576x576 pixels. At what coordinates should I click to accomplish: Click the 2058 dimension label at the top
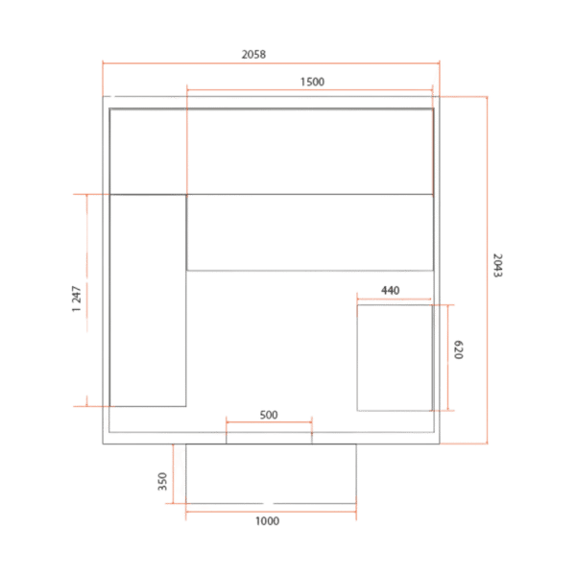(x=252, y=56)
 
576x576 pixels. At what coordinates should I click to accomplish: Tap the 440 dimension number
(x=390, y=289)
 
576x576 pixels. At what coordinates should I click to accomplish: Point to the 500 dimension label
(x=269, y=414)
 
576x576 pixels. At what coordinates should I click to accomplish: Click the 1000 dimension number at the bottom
(x=268, y=521)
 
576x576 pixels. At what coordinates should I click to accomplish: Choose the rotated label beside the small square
(x=460, y=350)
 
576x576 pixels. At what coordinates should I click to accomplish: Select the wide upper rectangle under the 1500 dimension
(x=309, y=151)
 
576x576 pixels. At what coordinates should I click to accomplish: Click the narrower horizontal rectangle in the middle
(x=309, y=232)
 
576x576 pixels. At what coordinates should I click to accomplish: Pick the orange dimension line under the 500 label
(x=269, y=422)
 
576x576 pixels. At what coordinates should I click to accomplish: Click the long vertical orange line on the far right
(x=487, y=269)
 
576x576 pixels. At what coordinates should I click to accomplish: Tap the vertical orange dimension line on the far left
(x=86, y=298)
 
